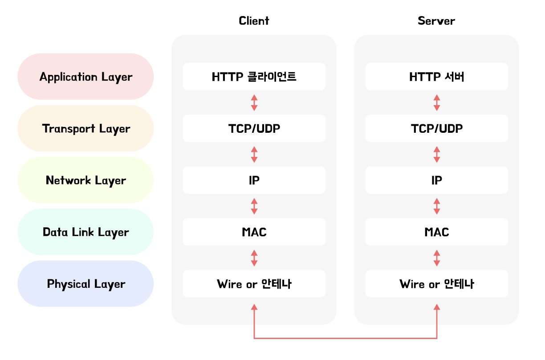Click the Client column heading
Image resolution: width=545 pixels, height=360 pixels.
coord(254,21)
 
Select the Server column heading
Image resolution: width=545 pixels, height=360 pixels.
coord(436,21)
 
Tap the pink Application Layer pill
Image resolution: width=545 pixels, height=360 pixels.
coord(85,77)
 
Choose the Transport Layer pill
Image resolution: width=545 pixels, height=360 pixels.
coord(85,128)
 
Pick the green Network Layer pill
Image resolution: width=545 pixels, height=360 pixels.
coord(85,180)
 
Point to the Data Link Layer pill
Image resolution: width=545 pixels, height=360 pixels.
coord(85,232)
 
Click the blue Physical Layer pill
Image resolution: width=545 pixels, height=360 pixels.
coord(85,284)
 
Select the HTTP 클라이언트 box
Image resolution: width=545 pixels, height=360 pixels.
coord(254,77)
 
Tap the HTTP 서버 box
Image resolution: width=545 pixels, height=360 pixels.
coord(436,77)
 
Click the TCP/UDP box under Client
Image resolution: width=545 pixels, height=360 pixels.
coord(254,128)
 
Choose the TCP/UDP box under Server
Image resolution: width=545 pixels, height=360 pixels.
coord(436,128)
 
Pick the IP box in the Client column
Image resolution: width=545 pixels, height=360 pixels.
coord(254,180)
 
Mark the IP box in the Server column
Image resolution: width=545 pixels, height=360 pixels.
coord(436,180)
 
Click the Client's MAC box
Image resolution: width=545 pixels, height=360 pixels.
coord(254,232)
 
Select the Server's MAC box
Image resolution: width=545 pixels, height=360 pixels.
coord(436,232)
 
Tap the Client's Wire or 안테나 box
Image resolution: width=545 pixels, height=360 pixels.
coord(254,284)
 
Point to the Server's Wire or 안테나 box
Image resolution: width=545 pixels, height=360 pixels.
coord(436,284)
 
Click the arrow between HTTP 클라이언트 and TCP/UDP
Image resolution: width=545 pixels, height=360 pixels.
coord(254,102)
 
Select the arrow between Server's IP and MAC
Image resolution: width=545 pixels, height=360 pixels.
coord(436,206)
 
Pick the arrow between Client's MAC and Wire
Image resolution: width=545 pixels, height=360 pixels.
coord(254,258)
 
